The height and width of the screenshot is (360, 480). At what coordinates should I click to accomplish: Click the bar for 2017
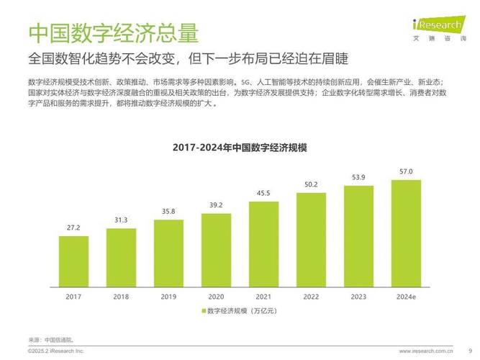[x=73, y=260]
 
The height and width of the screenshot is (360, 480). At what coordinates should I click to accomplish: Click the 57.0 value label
[x=406, y=171]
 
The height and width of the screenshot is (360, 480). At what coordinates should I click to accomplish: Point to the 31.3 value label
[x=121, y=220]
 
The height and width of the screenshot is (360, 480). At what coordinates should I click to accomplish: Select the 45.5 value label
[x=263, y=193]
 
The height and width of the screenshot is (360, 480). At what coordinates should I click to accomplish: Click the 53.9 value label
[x=358, y=177]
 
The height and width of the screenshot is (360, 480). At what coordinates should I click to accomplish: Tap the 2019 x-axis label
[x=168, y=296]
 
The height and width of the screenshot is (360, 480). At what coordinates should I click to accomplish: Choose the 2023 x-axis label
[x=358, y=296]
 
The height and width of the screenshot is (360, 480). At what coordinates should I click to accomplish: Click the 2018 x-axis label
[x=121, y=296]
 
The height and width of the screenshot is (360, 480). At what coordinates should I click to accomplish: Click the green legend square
[x=204, y=311]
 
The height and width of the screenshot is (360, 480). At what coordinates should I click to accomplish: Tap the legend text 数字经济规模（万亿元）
[x=242, y=311]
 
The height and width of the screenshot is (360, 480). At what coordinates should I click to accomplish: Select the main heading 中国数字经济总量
[x=113, y=32]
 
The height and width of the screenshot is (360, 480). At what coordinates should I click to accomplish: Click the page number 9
[x=470, y=351]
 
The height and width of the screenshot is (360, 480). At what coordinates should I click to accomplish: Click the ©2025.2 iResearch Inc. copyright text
[x=56, y=351]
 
